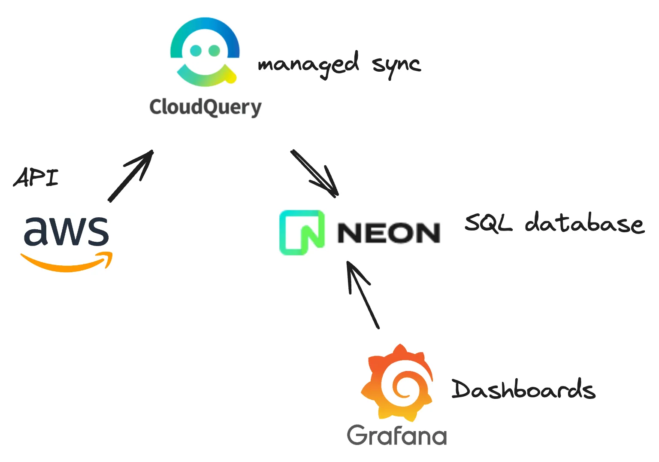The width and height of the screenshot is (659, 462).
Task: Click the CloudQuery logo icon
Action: coord(205,52)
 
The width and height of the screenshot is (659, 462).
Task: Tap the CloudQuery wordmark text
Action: coord(205,107)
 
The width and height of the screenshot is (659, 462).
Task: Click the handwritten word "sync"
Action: coord(396,65)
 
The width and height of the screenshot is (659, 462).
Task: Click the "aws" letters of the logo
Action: coord(67,231)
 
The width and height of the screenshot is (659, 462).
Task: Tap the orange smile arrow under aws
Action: coord(67,262)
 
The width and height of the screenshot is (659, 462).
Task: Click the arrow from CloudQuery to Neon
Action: coord(315,173)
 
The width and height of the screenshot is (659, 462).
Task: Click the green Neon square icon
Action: coord(302,232)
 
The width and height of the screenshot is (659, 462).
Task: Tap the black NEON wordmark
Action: coord(389,233)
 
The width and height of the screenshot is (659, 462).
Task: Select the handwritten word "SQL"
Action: coord(488,223)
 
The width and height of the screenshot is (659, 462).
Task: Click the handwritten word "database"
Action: coord(584,223)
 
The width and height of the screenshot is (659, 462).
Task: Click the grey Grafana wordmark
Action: coord(397,435)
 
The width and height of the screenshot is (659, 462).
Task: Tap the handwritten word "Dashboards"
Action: coord(523,390)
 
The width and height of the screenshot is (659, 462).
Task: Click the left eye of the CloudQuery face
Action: coord(196,51)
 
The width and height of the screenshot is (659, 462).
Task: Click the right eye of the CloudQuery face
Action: coord(214,51)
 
